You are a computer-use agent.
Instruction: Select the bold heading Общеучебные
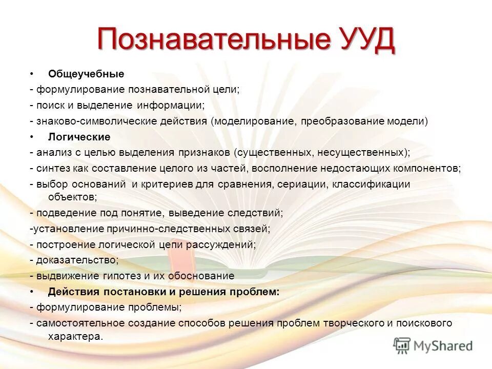click(x=86, y=74)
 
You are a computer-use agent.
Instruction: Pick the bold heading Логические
click(x=79, y=137)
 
